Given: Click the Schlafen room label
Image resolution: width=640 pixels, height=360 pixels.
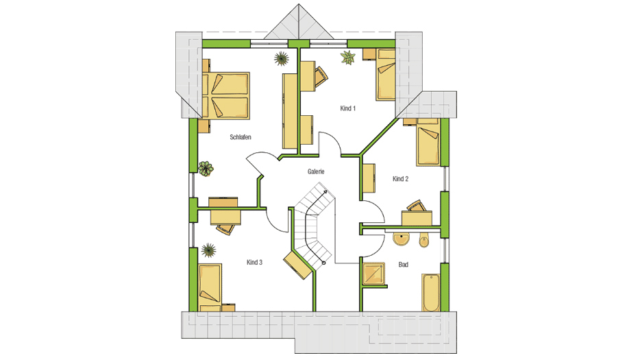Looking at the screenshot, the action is coord(241,137).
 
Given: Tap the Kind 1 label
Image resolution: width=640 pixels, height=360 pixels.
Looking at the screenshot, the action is coord(348,108).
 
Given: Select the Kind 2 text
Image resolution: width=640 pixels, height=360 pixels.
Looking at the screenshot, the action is coord(400,178).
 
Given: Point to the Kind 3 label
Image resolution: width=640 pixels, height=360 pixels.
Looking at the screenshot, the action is coord(254,263).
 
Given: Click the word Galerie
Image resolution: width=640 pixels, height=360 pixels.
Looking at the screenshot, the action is coord(316,171).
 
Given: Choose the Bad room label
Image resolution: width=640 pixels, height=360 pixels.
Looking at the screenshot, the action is coord(404,265).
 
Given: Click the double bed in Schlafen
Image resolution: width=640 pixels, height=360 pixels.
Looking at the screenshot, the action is coord(225,96).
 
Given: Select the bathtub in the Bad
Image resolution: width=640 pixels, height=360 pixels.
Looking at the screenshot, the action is coord(430,293).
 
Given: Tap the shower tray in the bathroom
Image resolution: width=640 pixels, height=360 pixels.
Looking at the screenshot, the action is coord(373,274).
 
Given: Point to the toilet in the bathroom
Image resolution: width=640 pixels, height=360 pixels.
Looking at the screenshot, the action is coord(424,240).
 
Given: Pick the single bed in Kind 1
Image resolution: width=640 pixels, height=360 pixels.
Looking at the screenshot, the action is coord(386,75).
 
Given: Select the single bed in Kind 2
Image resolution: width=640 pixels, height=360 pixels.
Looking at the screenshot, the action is coord(428,145).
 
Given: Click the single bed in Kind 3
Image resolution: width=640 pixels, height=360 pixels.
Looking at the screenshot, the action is coord(210,288).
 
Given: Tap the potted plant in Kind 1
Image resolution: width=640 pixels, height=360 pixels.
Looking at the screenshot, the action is coord(348,58).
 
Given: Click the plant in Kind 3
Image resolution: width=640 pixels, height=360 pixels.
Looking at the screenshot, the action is coord(208,250).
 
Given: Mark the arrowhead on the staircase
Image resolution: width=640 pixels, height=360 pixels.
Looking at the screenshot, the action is coord(325,191).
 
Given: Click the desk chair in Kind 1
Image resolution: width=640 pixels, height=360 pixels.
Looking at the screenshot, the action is coord(321,76).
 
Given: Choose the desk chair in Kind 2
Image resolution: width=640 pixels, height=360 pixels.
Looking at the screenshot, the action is coord(417,206).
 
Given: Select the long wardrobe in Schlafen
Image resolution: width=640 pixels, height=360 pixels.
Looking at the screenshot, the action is coord(289,110).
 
